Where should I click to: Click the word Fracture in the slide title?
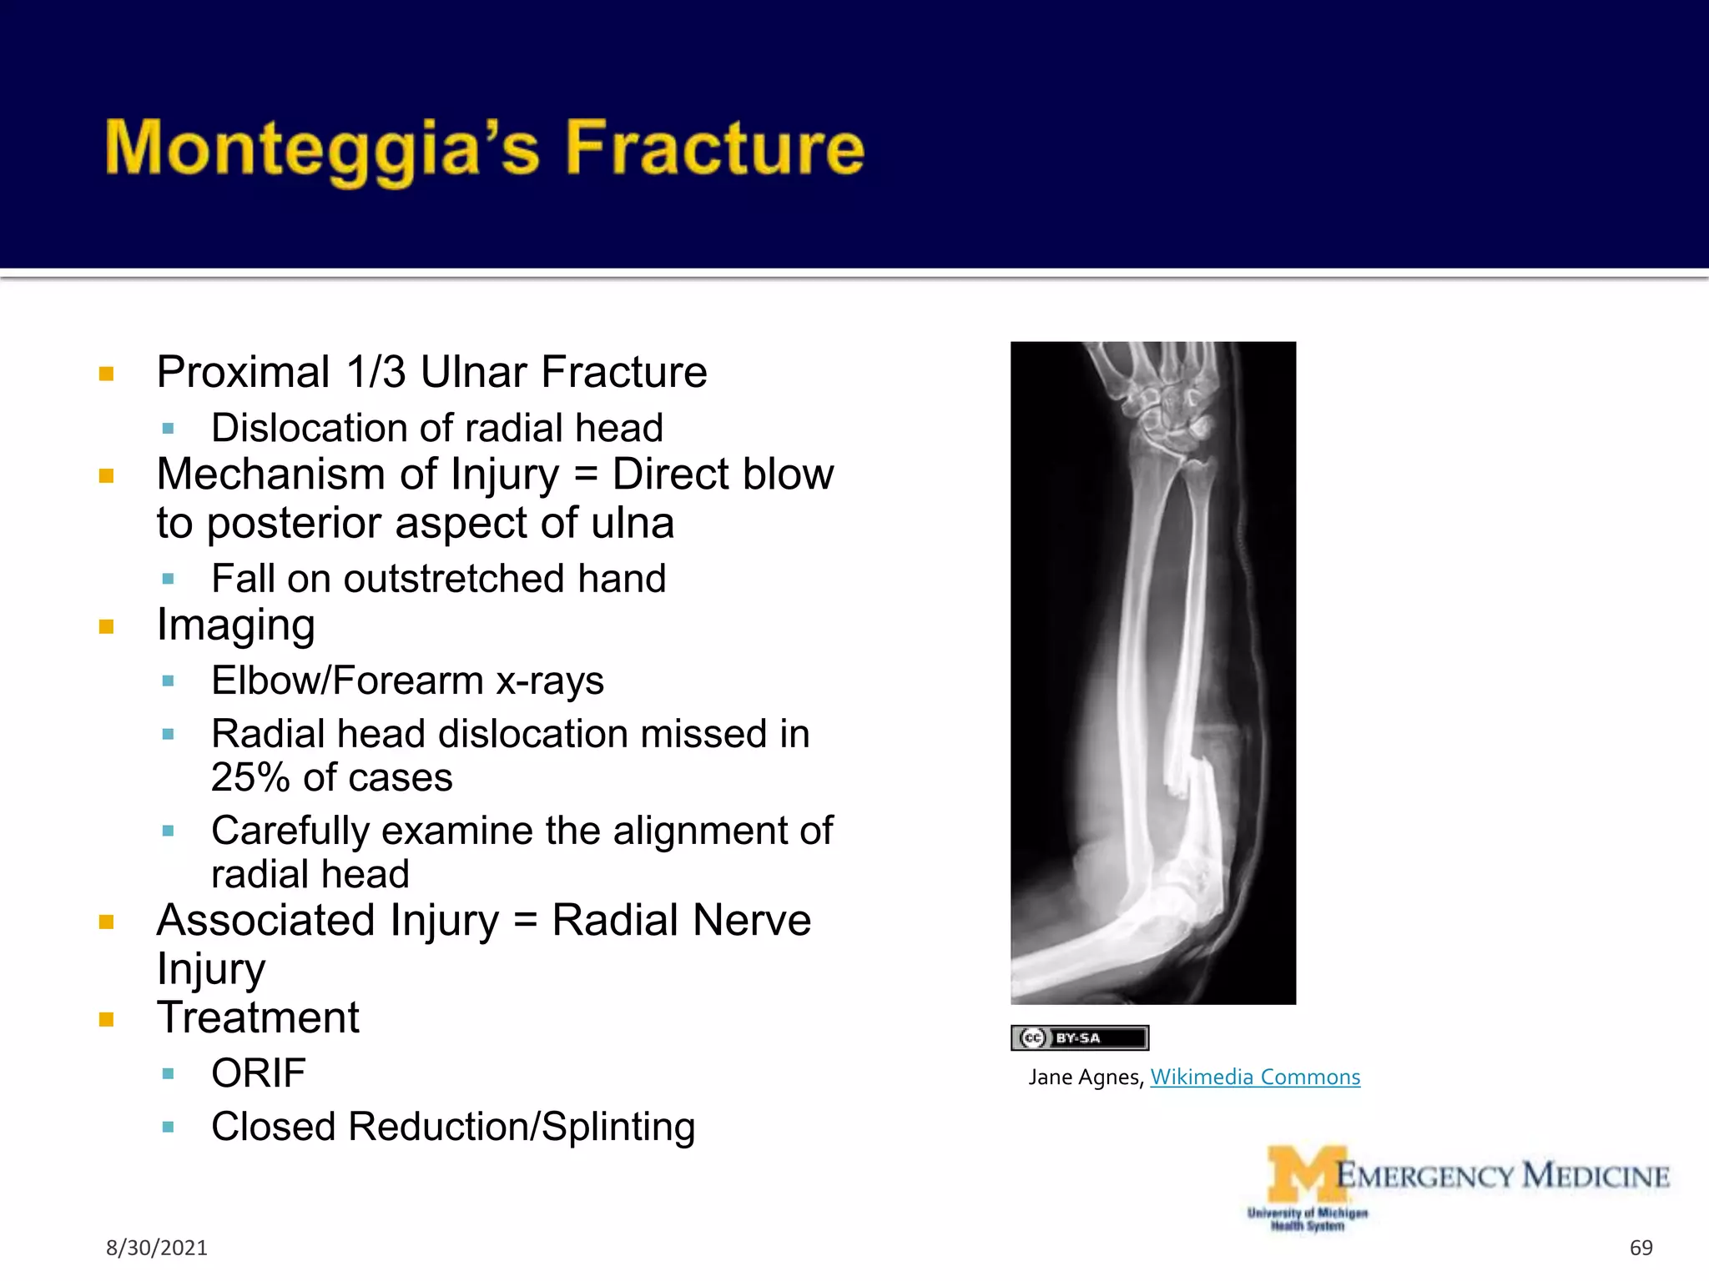pos(715,148)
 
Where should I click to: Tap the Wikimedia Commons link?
pos(1254,1077)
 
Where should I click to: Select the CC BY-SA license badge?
pos(1079,1037)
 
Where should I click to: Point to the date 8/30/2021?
pos(156,1248)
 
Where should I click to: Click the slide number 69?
pos(1641,1248)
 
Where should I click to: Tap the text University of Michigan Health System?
pos(1307,1219)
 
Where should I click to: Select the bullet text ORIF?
pos(258,1073)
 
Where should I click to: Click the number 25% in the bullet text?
pos(250,778)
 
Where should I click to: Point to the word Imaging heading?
pos(235,625)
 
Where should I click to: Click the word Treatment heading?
pos(258,1017)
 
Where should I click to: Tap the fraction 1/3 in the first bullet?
pos(376,372)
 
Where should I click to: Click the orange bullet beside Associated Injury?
pos(106,922)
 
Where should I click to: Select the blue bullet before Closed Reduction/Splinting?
pos(168,1128)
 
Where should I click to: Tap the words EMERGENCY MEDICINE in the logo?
pos(1502,1176)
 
